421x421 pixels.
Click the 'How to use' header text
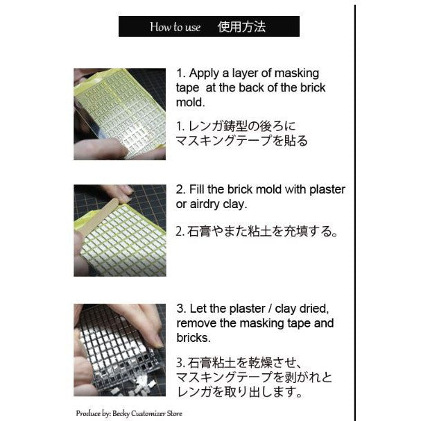[175, 27]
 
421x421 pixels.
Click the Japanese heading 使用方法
[242, 27]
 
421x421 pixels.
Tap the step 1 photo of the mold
[119, 114]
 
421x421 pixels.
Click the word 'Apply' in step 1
[203, 73]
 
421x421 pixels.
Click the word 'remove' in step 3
[197, 323]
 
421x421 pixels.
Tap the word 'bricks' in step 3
[193, 338]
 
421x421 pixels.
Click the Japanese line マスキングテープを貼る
[242, 141]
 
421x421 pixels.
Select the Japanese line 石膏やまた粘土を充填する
[257, 232]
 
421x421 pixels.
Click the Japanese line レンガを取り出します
[239, 393]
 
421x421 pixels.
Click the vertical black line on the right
[354, 208]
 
